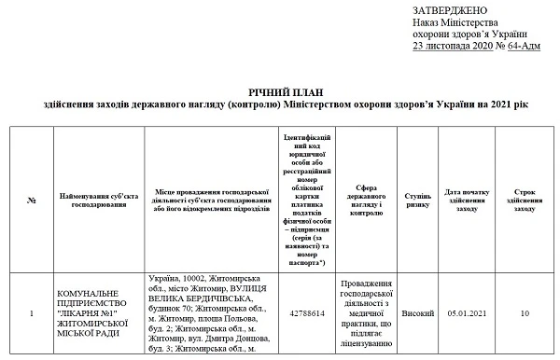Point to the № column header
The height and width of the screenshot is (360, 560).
click(32, 200)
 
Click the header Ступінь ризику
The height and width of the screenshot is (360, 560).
click(417, 200)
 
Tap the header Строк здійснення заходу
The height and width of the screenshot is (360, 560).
click(525, 200)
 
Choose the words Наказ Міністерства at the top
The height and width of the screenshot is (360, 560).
click(455, 21)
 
